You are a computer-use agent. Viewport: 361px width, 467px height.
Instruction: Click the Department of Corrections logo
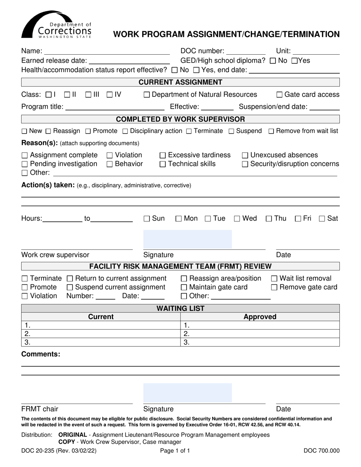[x=56, y=25]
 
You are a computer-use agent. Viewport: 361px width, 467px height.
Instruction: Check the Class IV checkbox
[x=109, y=95]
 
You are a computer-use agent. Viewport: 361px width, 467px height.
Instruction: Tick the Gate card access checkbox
[x=279, y=95]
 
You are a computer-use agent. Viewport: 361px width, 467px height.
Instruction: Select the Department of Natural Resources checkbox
[x=147, y=95]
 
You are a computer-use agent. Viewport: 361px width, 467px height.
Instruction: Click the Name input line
[x=107, y=51]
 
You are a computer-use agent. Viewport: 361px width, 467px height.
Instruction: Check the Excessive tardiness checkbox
[x=163, y=155]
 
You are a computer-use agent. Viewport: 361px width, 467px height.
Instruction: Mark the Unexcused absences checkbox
[x=245, y=155]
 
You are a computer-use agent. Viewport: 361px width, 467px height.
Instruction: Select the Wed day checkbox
[x=237, y=219]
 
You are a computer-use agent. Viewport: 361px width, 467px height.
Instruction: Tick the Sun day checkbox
[x=147, y=219]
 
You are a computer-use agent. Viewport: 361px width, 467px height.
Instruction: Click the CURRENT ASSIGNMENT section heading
[x=180, y=82]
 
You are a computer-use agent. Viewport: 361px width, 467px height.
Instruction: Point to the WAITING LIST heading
[x=180, y=308]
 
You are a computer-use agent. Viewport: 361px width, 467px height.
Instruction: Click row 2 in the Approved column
[x=260, y=334]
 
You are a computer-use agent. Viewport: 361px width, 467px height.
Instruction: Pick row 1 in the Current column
[x=101, y=325]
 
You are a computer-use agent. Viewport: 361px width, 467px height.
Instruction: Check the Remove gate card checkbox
[x=274, y=287]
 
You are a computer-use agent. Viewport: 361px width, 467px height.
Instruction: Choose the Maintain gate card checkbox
[x=184, y=287]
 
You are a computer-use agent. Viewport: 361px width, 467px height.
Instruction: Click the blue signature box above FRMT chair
[x=187, y=393]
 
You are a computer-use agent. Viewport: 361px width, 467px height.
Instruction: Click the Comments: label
[x=41, y=354]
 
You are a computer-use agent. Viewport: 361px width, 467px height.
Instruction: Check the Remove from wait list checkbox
[x=271, y=131]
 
